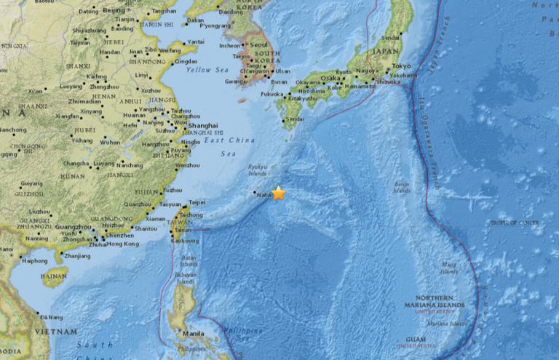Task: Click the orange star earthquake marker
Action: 278,193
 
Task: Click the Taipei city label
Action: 197,203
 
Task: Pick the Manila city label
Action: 194,334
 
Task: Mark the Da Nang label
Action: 52,316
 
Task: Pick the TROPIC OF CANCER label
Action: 512,222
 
